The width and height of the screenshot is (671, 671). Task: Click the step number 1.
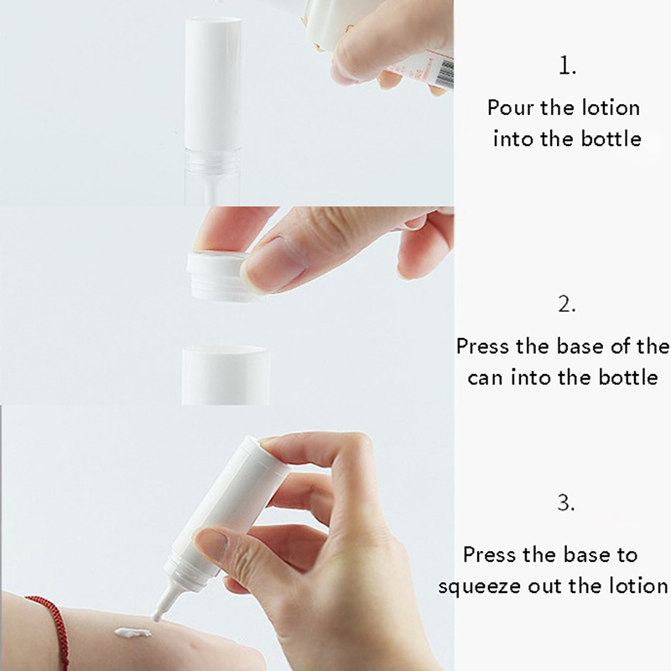click(568, 66)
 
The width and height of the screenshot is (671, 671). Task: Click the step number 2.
click(567, 304)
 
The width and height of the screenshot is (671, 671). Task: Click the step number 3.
click(565, 502)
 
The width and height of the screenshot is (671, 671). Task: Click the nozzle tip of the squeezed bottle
click(158, 617)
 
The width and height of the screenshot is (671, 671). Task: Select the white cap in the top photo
click(213, 81)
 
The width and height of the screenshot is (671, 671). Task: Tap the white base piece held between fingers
click(218, 275)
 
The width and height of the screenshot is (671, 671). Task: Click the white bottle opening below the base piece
click(225, 375)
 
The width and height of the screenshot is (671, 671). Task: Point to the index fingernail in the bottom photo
click(213, 540)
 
